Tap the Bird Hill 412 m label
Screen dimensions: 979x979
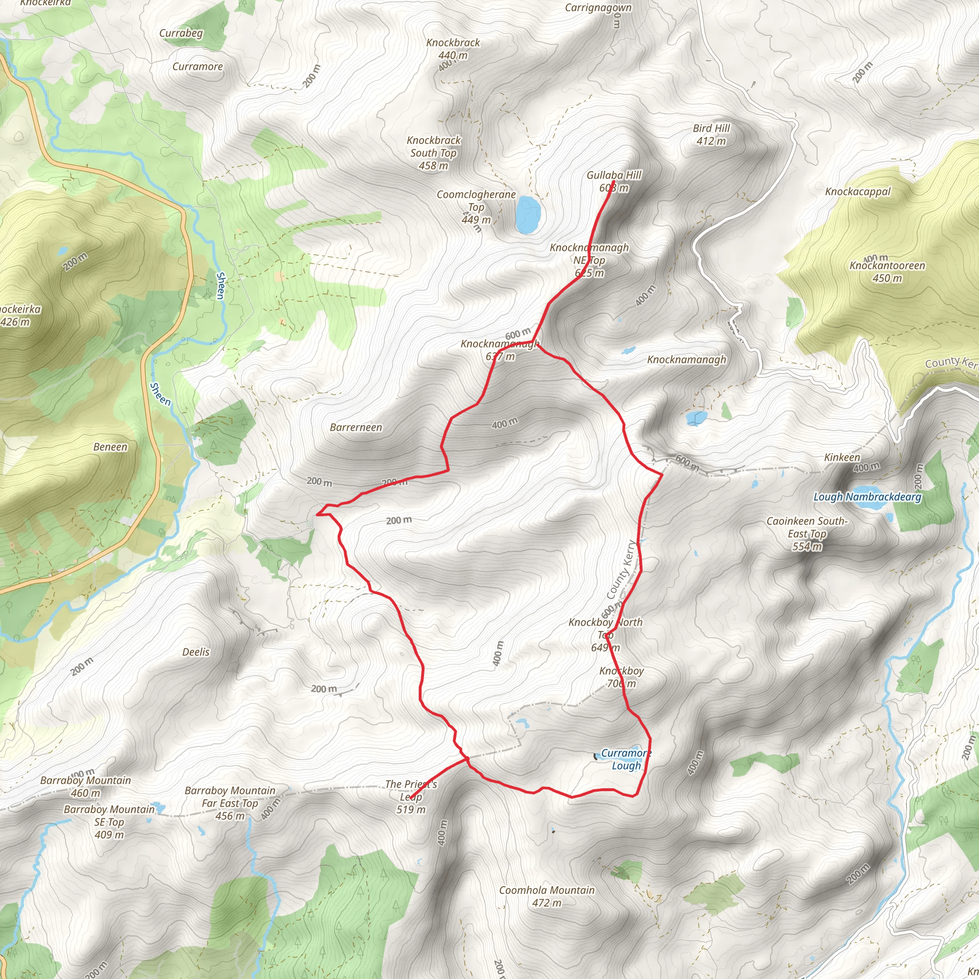point(711,135)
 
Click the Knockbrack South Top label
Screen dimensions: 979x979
point(433,152)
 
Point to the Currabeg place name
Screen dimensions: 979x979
point(181,33)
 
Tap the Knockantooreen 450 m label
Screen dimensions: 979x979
point(887,272)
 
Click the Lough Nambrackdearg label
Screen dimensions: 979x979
point(867,497)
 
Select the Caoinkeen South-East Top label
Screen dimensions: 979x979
point(807,533)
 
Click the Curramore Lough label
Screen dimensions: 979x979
point(626,759)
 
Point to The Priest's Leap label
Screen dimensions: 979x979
point(411,796)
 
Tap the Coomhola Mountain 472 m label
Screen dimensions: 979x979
point(547,896)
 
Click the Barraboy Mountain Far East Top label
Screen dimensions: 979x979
point(230,803)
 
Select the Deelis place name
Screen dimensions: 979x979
point(196,652)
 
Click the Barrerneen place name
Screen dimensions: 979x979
point(356,428)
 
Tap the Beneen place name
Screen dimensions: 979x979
point(110,447)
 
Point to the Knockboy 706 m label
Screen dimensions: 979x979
point(621,677)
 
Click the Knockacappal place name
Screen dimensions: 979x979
point(858,192)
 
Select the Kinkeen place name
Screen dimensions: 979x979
point(842,457)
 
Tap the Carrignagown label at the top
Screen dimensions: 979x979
point(598,8)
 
